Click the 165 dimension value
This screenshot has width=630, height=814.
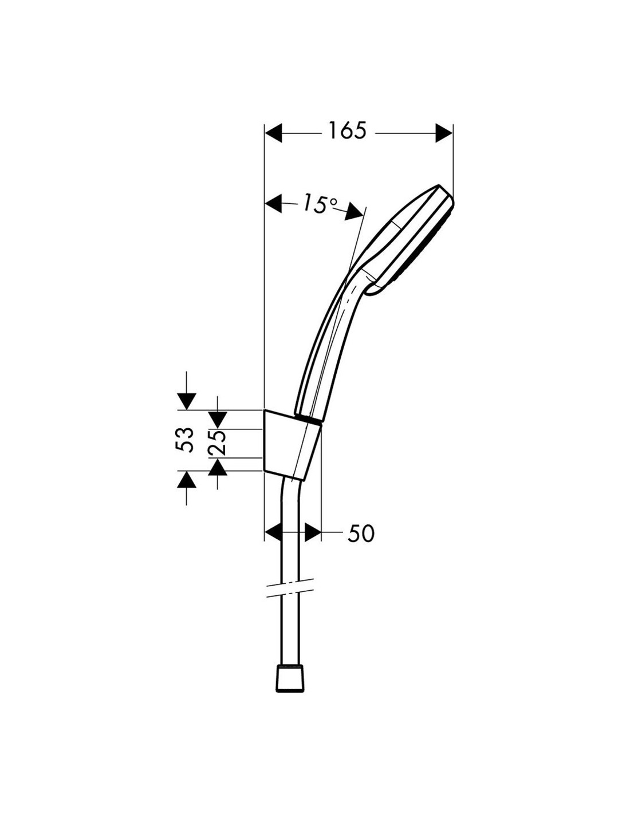pyautogui.click(x=347, y=131)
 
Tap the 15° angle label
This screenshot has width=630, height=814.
pyautogui.click(x=319, y=203)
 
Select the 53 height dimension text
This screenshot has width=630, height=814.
pyautogui.click(x=185, y=440)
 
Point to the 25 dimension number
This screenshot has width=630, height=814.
pyautogui.click(x=216, y=442)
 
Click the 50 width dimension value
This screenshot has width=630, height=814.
pyautogui.click(x=361, y=534)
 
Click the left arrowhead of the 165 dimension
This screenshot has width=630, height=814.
pyautogui.click(x=273, y=133)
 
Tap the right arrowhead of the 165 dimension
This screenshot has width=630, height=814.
pyautogui.click(x=444, y=133)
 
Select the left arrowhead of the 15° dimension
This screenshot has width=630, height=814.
pyautogui.click(x=273, y=203)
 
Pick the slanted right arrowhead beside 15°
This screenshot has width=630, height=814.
pyautogui.click(x=354, y=212)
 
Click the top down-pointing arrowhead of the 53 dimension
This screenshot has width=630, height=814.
pyautogui.click(x=187, y=402)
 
